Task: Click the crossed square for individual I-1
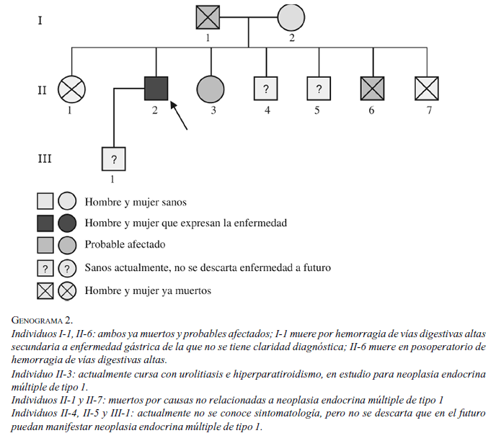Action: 208,17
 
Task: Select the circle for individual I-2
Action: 291,17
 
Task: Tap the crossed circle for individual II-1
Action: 71,89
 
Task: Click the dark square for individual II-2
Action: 156,89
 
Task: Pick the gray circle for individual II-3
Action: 210,89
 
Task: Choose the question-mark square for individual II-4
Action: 266,89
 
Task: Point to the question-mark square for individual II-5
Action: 318,89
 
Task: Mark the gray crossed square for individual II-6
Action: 372,89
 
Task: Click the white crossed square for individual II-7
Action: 427,89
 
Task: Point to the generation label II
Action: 42,90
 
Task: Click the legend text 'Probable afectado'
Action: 124,245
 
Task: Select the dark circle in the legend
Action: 67,223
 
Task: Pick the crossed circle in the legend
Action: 67,290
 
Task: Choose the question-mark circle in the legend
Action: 67,268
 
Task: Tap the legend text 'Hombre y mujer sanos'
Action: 136,202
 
